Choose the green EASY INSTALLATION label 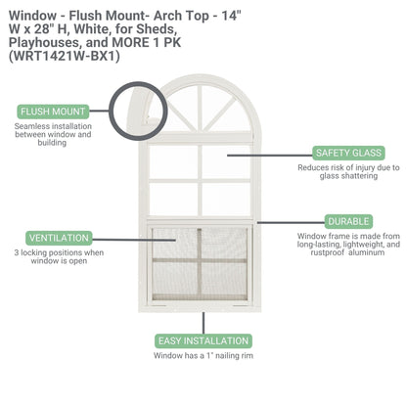(x=203, y=340)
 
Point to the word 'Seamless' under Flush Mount (x=36, y=125)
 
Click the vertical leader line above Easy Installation (x=203, y=322)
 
